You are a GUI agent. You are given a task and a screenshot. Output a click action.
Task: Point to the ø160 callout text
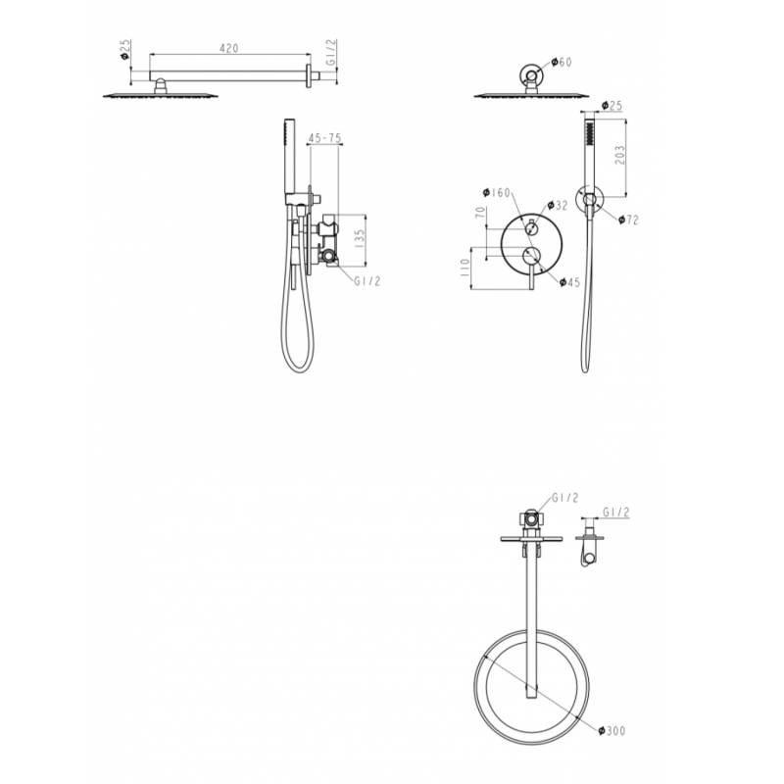coord(499,192)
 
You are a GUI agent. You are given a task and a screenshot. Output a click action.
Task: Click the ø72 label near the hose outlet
coord(628,220)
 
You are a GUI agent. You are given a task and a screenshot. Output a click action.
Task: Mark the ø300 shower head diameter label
coord(612,730)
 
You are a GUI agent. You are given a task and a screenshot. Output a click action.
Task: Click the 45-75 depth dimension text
coord(324,139)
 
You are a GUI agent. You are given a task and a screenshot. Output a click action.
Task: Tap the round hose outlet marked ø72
coord(591,201)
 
